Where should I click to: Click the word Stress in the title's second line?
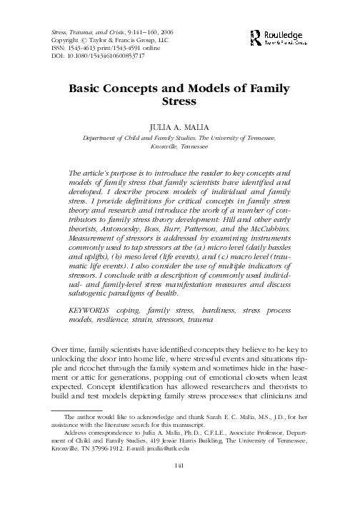(180, 103)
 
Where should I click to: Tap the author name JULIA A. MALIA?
(179, 126)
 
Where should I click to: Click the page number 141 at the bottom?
(179, 486)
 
